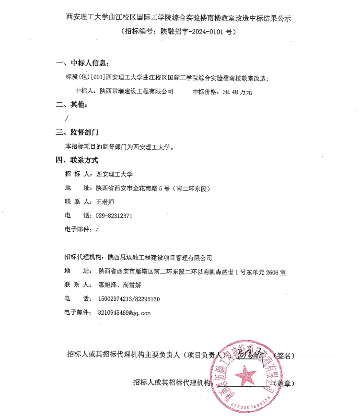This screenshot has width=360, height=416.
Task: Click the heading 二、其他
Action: click(73, 105)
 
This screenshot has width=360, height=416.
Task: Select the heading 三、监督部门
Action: click(78, 132)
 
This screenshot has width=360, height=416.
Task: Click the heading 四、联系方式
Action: click(78, 160)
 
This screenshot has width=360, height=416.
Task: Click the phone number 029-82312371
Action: click(114, 216)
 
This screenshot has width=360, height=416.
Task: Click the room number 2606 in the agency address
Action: click(272, 272)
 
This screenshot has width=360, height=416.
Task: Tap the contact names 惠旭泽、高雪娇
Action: click(117, 285)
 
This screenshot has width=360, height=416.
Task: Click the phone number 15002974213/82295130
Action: click(128, 299)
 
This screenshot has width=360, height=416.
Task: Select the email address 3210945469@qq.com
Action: click(123, 313)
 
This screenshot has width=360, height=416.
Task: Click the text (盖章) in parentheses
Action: click(282, 383)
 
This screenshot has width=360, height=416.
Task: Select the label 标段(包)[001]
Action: click(85, 77)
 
